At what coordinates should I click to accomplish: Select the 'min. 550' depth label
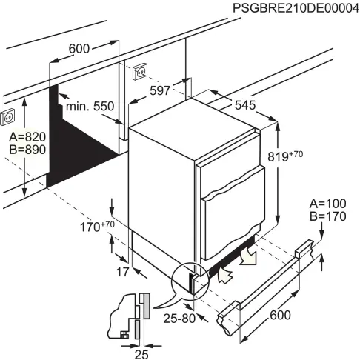[90, 107]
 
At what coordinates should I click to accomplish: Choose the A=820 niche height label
[26, 137]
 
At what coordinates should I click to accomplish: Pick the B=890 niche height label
[26, 150]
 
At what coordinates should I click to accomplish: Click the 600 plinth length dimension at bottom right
[281, 316]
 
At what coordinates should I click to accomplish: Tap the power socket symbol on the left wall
[10, 117]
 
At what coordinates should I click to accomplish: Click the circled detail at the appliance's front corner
[188, 281]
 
